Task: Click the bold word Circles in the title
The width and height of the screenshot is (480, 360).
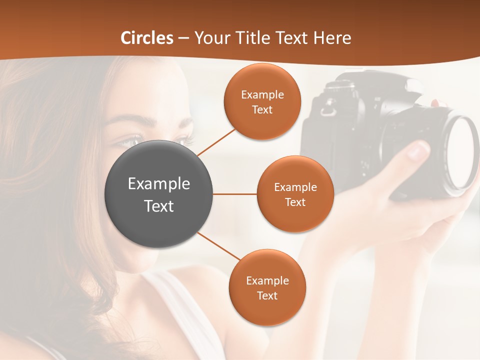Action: coord(146,37)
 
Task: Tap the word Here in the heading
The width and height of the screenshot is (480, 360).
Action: coord(332,37)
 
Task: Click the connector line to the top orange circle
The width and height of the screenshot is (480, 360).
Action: coord(216,141)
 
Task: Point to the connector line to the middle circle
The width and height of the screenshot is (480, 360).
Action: coord(234,194)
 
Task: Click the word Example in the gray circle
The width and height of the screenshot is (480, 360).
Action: coord(158,183)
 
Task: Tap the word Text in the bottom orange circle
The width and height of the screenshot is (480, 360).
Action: coord(267,295)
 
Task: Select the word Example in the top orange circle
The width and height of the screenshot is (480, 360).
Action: coord(262,94)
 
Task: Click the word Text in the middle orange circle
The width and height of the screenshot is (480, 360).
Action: coord(295,202)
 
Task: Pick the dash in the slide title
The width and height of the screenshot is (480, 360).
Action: coord(183,38)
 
